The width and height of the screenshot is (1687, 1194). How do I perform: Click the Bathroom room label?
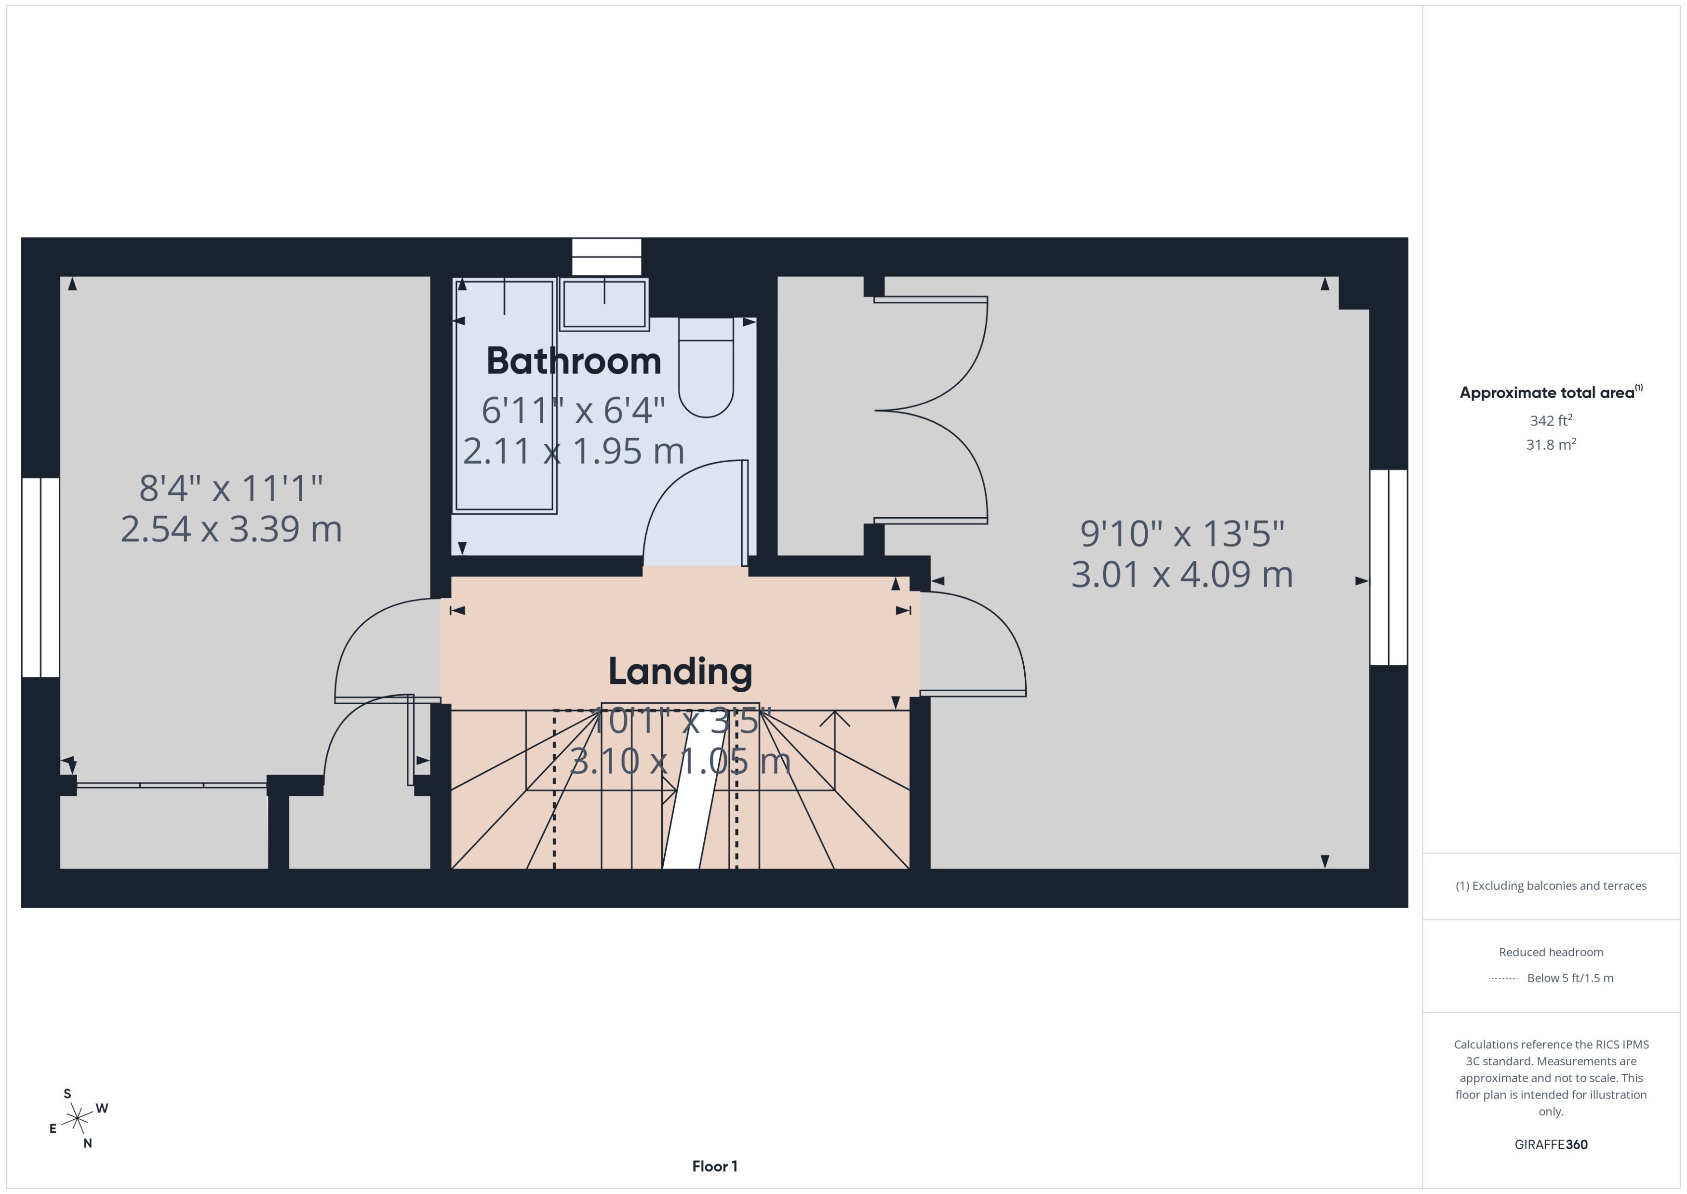(574, 361)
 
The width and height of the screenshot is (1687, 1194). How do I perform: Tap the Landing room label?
(680, 671)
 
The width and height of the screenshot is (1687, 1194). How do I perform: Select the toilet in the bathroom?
(706, 368)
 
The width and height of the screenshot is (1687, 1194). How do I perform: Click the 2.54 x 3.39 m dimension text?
(231, 529)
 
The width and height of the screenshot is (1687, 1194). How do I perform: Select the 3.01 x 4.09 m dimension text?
(1181, 575)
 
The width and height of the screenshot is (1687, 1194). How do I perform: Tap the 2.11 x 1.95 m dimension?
(574, 451)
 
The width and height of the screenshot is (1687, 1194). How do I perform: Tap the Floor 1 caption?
(714, 1166)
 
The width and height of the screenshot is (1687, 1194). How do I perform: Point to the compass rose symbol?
(77, 1119)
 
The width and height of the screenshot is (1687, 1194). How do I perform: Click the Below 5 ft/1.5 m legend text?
(1569, 978)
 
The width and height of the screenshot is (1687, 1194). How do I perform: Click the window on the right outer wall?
(1388, 567)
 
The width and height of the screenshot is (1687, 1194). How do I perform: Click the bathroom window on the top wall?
(606, 256)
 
